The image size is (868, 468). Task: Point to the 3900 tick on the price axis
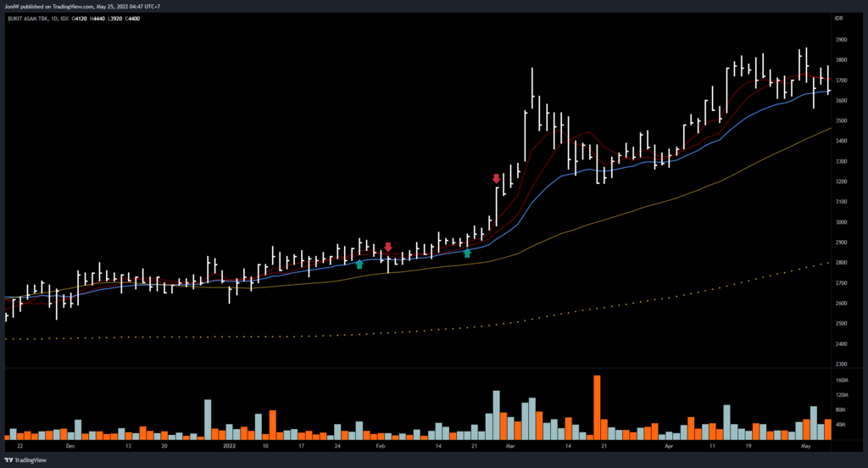[x=843, y=40]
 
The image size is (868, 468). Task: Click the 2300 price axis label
[x=843, y=365]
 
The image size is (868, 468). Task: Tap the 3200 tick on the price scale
[x=843, y=181]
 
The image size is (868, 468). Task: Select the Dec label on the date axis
[x=70, y=444]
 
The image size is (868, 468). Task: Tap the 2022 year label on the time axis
[x=229, y=444]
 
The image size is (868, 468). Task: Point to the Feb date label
[x=380, y=444]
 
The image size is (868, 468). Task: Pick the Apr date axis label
[x=669, y=444]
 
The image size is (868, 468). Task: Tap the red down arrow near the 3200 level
[x=497, y=179]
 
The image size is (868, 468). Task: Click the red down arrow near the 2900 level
[x=388, y=248]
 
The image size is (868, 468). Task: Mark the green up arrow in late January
[x=359, y=265]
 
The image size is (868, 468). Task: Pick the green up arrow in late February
[x=467, y=253]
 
